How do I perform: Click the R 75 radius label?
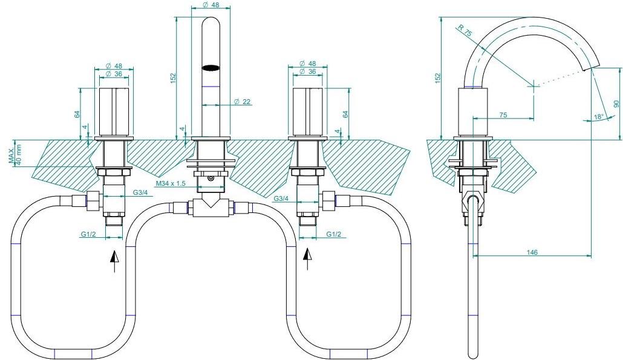click(x=465, y=31)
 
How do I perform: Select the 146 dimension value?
click(x=532, y=252)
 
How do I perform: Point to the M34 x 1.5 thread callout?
click(x=171, y=183)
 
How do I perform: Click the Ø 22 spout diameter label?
click(x=243, y=102)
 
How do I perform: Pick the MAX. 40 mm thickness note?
click(x=15, y=156)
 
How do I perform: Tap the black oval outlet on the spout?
click(x=210, y=68)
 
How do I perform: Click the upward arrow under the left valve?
click(x=114, y=261)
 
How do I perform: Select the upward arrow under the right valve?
click(x=307, y=259)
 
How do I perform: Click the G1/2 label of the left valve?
click(x=88, y=234)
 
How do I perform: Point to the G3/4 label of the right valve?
click(x=281, y=198)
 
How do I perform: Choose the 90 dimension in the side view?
click(x=616, y=103)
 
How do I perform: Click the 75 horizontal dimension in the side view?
click(x=503, y=115)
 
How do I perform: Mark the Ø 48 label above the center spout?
click(x=211, y=5)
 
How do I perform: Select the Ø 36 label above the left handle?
click(x=114, y=74)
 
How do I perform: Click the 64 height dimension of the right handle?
click(x=345, y=114)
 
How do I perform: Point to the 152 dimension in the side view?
click(x=438, y=77)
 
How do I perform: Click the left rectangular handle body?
click(x=114, y=113)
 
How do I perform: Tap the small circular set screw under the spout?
click(x=210, y=179)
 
